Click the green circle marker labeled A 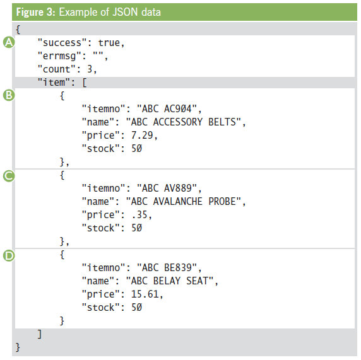(x=9, y=42)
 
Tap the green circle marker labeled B (x=9, y=95)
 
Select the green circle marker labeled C (x=9, y=176)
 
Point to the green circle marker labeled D (x=9, y=255)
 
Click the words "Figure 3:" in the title (x=36, y=12)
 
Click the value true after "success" (x=109, y=43)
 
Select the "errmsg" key (x=59, y=56)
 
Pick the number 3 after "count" (x=90, y=69)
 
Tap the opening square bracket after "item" (x=85, y=83)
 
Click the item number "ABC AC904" (x=167, y=109)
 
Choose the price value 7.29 (x=142, y=136)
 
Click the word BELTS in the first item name (x=222, y=122)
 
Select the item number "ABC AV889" (x=167, y=188)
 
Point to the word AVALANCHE (x=178, y=202)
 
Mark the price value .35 (x=139, y=215)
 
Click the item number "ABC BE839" (x=167, y=267)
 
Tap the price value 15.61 (x=145, y=294)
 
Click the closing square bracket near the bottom (x=40, y=334)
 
